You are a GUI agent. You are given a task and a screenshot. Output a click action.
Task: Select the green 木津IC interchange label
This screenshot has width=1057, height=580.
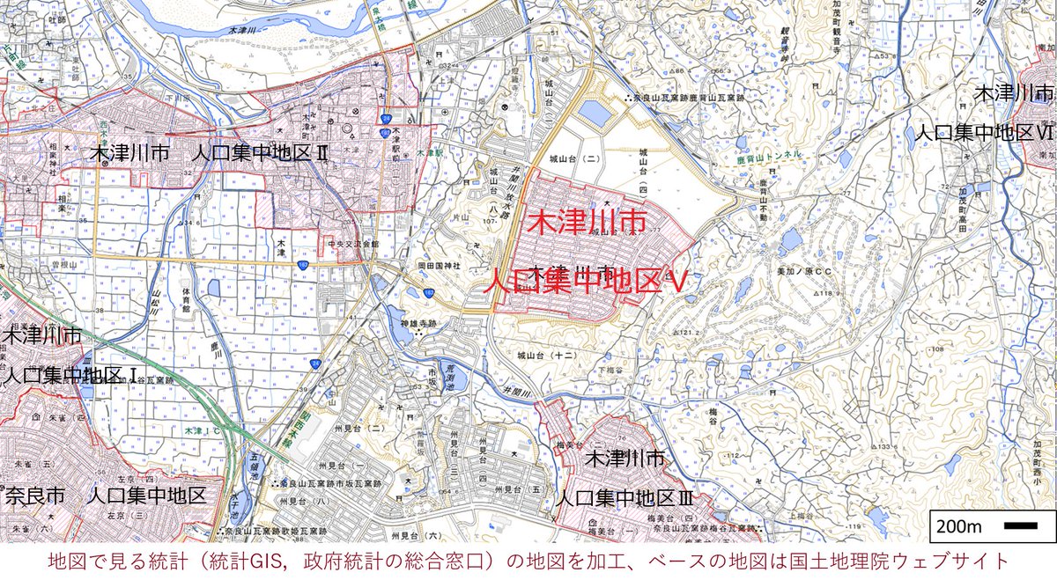[x=204, y=430]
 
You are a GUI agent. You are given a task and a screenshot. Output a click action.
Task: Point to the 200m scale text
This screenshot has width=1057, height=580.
[x=959, y=526]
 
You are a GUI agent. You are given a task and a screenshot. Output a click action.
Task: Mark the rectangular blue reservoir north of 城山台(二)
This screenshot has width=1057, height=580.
[x=595, y=114]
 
